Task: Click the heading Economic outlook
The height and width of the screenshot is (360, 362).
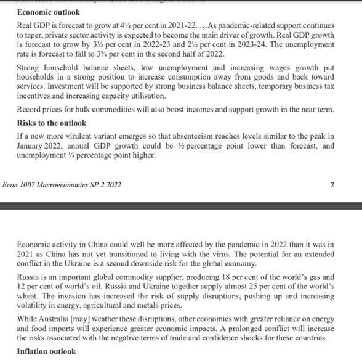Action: click(48, 12)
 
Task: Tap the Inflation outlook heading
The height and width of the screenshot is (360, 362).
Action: click(47, 351)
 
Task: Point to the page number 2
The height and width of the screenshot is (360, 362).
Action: click(332, 184)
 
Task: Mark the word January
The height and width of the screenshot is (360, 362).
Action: click(34, 145)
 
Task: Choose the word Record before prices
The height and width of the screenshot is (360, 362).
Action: click(31, 110)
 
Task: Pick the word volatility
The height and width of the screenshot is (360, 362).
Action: click(34, 307)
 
